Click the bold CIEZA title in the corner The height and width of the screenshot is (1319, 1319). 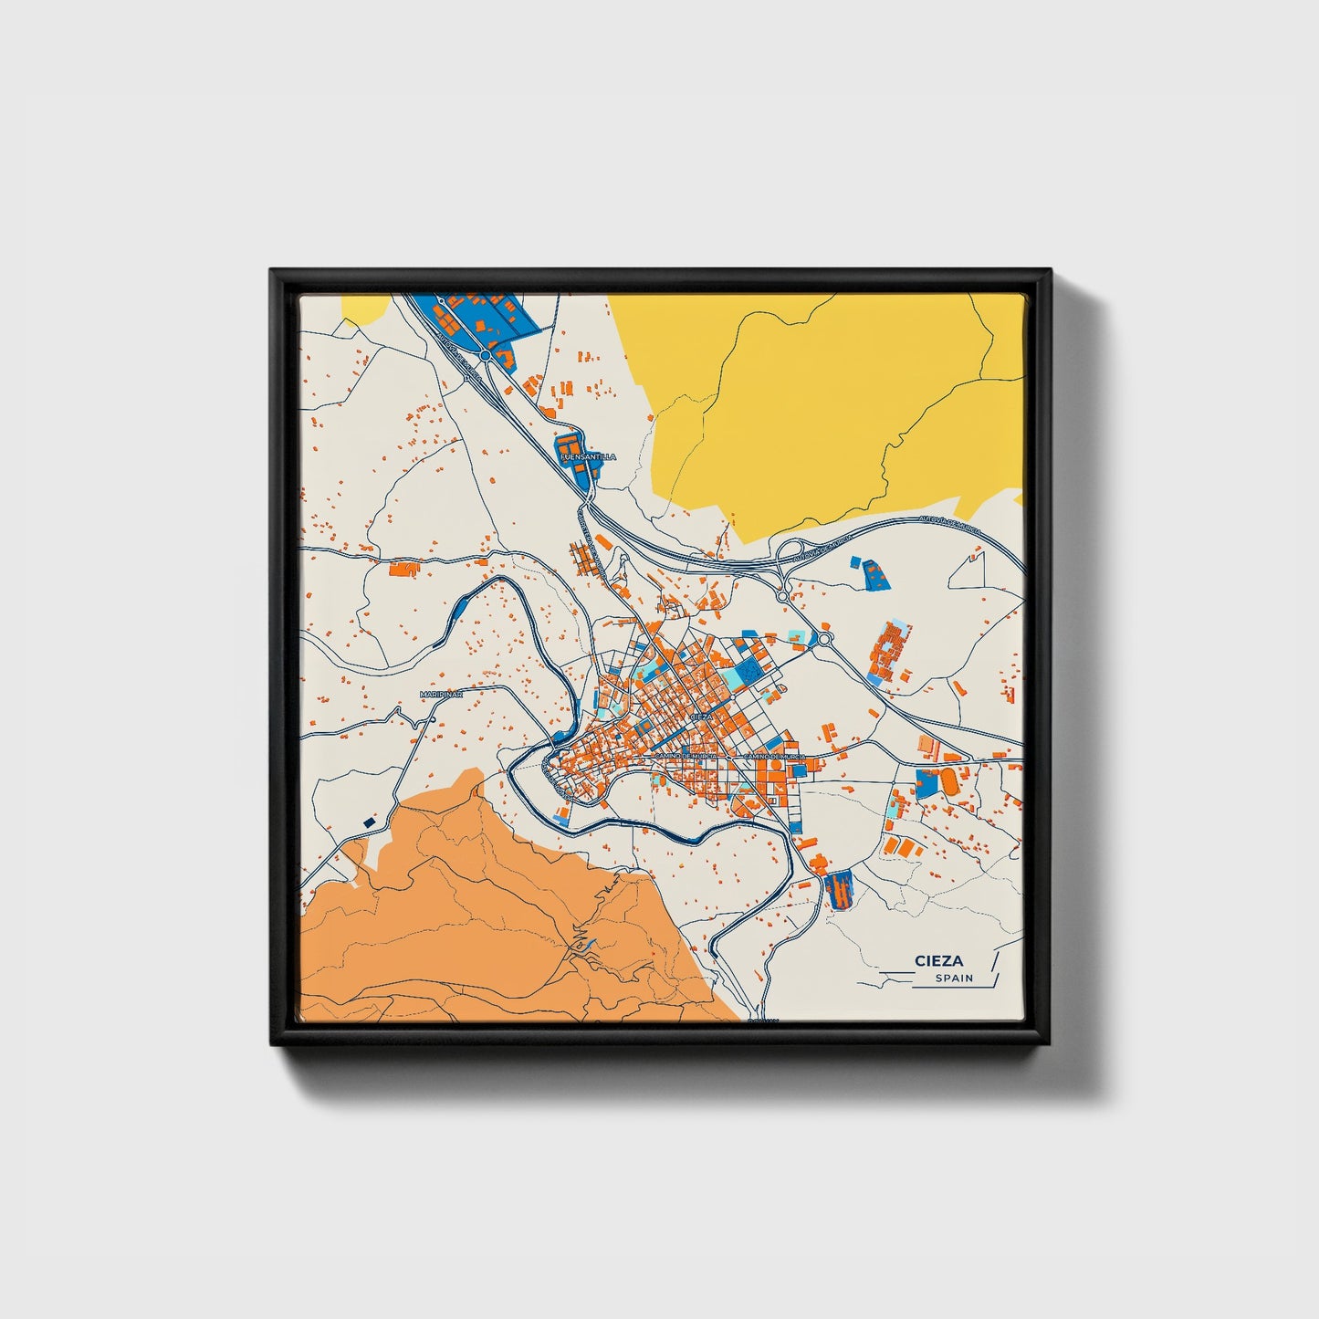938,960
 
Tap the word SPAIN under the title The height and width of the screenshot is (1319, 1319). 954,978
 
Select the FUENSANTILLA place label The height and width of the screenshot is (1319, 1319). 588,456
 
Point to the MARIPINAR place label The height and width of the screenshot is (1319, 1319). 442,695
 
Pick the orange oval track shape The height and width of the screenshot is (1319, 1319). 948,781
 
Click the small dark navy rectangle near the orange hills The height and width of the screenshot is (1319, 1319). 370,822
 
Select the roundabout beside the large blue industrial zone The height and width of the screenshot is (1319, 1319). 486,355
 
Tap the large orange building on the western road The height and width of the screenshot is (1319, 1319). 403,570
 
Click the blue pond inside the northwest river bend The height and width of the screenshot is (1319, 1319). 461,602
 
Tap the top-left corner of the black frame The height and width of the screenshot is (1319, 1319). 273,272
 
